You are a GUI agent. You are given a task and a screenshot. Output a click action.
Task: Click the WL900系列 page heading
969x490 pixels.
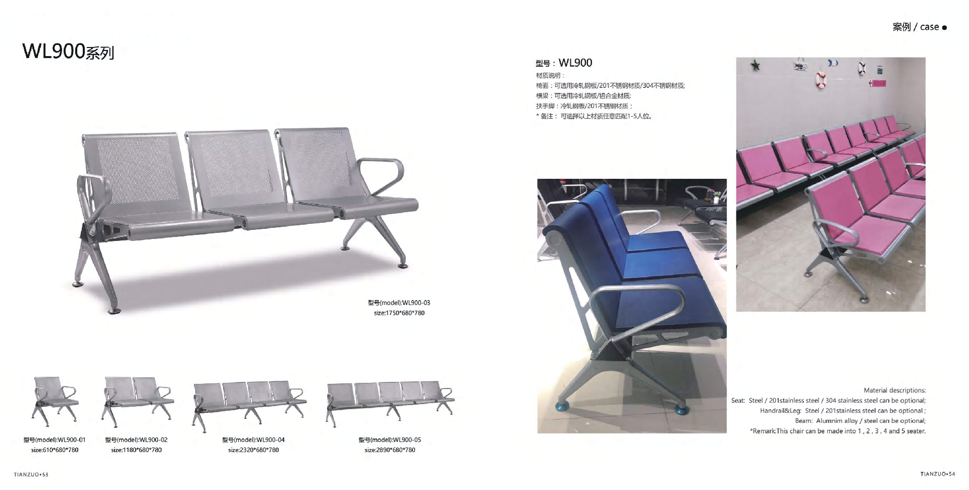click(68, 52)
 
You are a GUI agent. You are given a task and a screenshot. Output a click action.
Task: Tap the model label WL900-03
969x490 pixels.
click(399, 303)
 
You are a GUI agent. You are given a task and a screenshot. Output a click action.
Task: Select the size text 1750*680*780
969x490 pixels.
click(399, 313)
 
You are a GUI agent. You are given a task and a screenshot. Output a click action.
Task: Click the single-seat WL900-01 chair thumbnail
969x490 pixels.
click(55, 399)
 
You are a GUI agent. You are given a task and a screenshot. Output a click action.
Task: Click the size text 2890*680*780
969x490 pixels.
click(390, 450)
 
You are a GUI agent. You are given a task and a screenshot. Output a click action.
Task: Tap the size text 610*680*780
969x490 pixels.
click(55, 450)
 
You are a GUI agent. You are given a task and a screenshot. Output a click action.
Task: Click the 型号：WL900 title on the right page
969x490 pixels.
click(564, 63)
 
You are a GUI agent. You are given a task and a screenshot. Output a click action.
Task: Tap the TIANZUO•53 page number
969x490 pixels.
click(31, 474)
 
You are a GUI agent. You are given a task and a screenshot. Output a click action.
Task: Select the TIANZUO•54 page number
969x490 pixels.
click(938, 474)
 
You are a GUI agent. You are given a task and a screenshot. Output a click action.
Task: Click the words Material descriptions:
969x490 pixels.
click(895, 390)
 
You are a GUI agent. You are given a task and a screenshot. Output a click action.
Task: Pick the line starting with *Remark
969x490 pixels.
click(838, 431)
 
